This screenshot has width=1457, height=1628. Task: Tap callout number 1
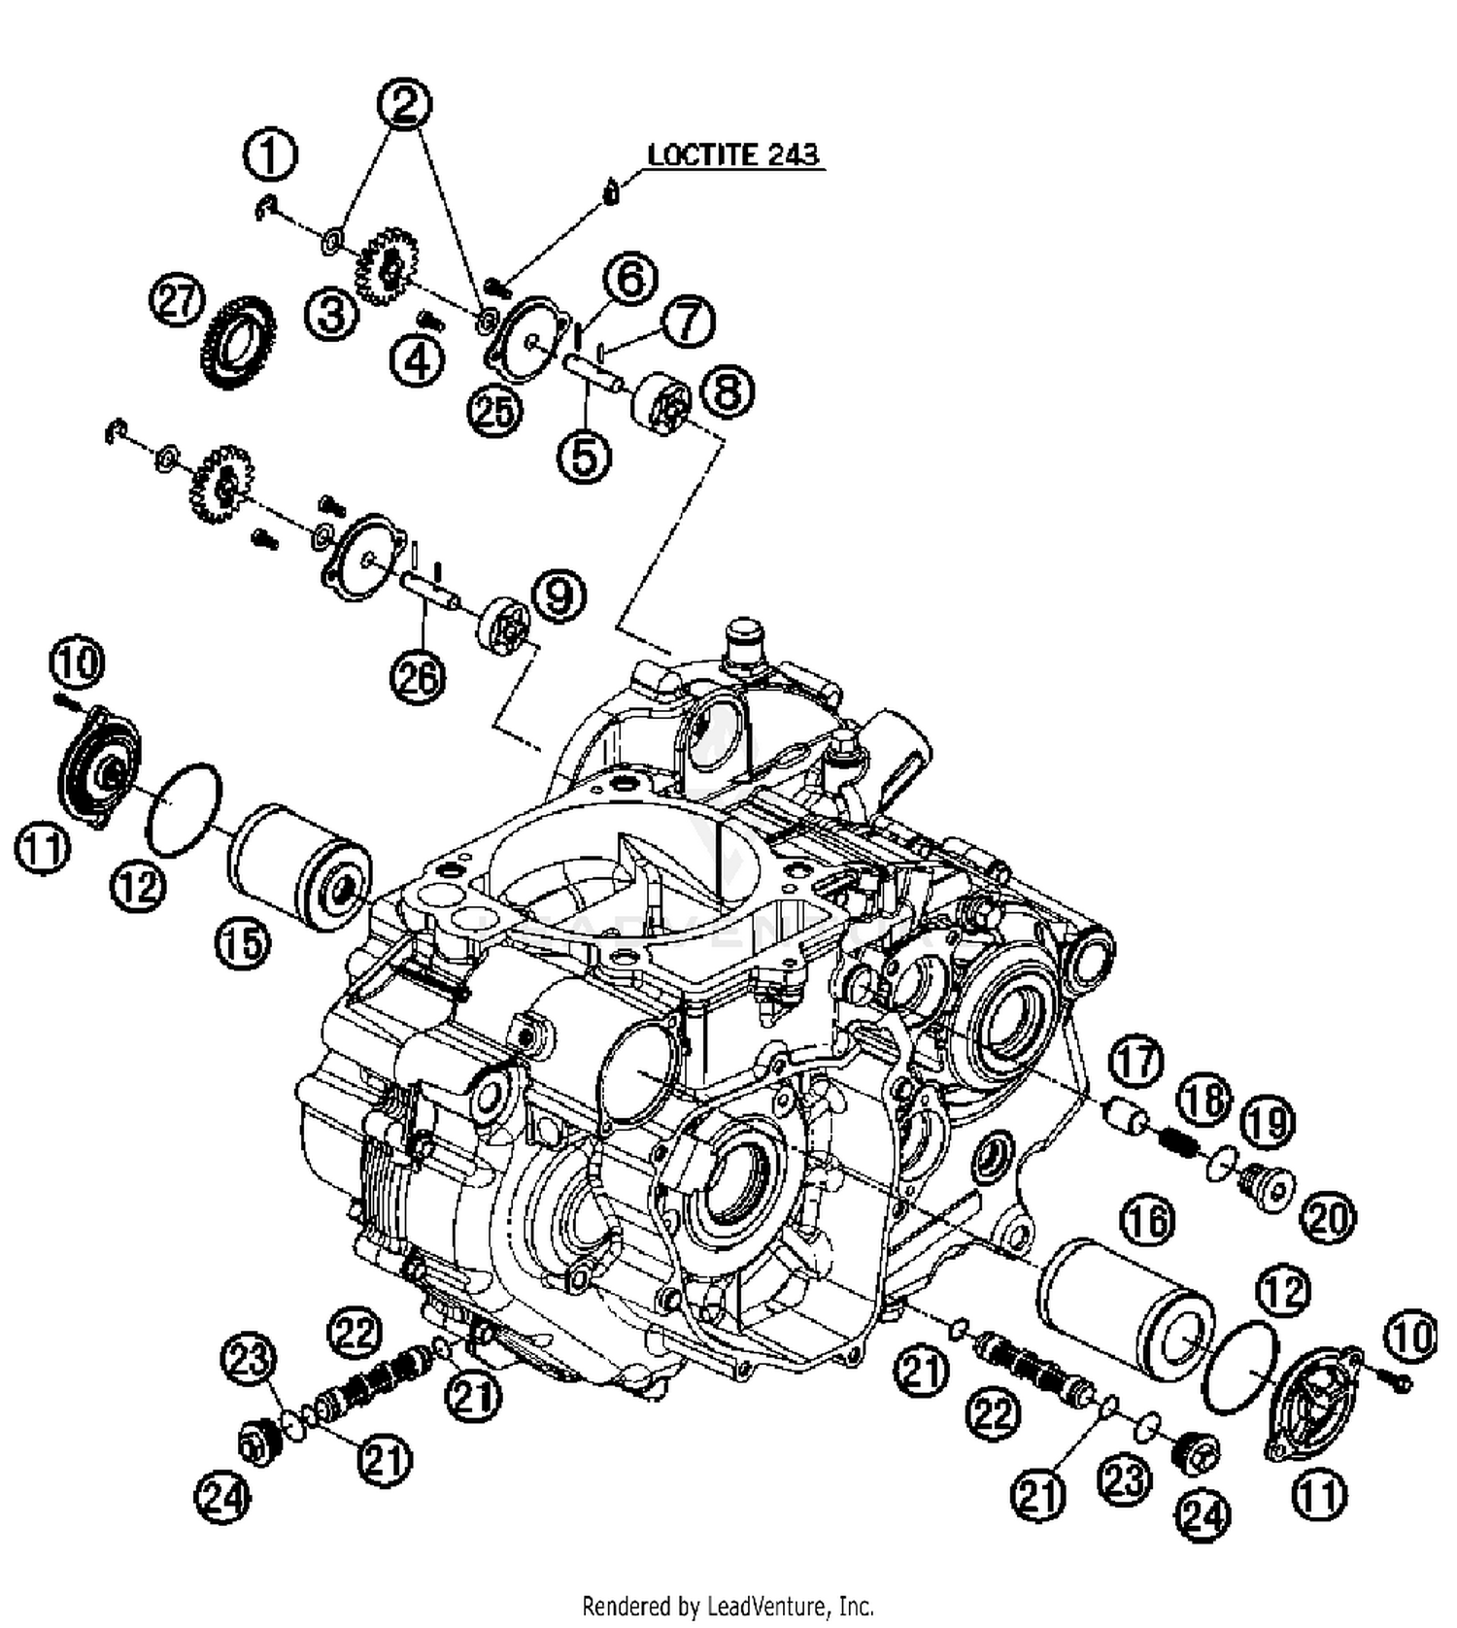point(271,155)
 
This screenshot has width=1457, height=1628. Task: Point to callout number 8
point(727,392)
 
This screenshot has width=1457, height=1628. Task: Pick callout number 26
point(418,677)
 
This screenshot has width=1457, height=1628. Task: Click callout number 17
point(1137,1061)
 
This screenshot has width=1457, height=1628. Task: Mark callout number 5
point(585,456)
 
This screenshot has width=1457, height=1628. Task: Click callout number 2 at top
point(405,103)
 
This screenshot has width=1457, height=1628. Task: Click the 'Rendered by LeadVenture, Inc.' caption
point(728,1606)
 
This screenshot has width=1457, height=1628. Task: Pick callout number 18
point(1204,1102)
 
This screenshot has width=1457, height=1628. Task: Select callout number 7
point(689,321)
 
